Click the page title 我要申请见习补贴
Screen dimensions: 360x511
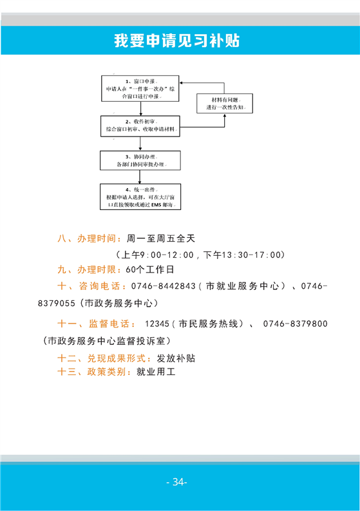177,41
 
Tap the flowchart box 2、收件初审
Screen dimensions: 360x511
140,126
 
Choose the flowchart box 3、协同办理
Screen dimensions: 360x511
140,160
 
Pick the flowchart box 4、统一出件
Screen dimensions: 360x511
140,197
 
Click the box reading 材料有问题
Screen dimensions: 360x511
225,103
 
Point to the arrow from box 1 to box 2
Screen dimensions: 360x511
141,108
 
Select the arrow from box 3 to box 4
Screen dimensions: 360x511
140,177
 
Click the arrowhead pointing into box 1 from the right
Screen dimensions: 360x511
181,83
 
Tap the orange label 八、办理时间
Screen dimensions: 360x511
87,238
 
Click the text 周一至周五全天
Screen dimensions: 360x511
161,238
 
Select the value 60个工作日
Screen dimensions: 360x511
150,269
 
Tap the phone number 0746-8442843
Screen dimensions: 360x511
163,286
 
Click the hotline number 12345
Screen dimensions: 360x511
157,323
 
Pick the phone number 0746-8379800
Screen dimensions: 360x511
296,323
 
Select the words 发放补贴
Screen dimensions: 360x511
176,358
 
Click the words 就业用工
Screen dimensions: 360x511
156,372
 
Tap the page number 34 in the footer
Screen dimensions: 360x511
177,481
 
